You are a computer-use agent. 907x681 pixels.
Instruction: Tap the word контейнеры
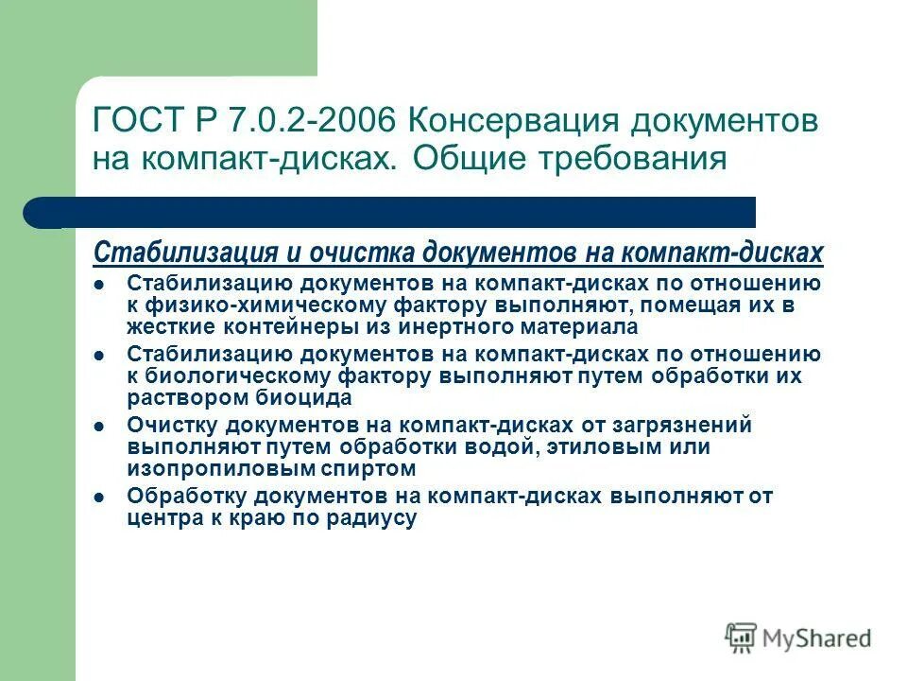[x=266, y=326]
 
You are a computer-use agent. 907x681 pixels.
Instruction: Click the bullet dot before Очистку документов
[x=99, y=427]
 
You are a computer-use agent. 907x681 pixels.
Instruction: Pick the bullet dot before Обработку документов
[x=99, y=497]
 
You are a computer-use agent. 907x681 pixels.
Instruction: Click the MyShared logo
[x=798, y=637]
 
